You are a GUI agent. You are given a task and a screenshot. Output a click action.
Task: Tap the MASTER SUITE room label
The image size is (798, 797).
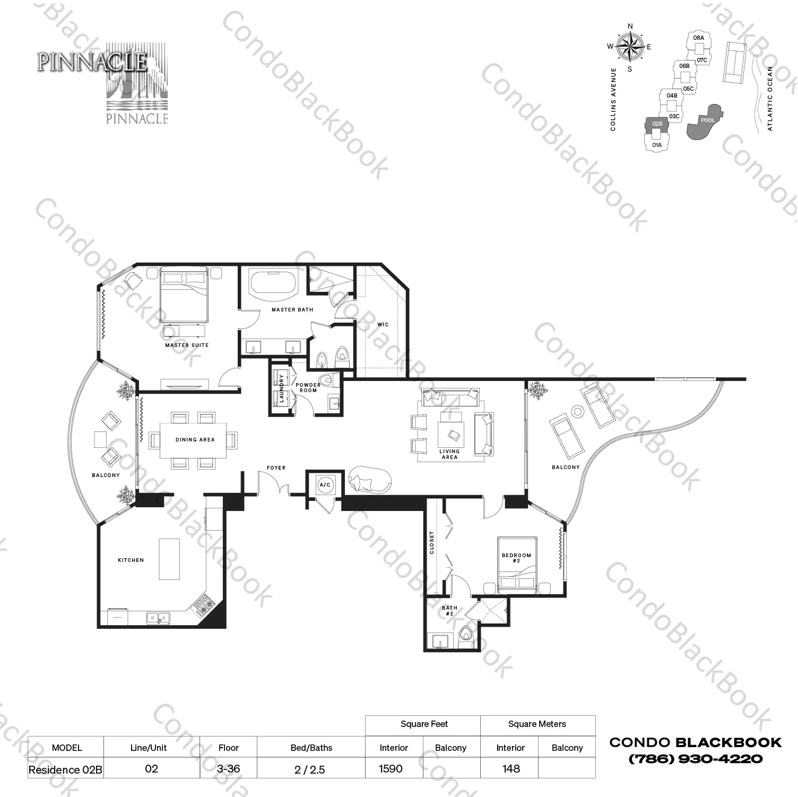click(187, 345)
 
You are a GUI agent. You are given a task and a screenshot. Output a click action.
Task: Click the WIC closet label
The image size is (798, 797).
click(383, 324)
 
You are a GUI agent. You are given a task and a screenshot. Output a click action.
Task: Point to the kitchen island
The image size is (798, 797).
click(169, 560)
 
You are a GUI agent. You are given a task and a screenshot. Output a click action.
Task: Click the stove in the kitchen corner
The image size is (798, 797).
click(203, 605)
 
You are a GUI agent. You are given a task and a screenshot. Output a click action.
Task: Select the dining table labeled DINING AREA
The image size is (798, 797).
click(195, 440)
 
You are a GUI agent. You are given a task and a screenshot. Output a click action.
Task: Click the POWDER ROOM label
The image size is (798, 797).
click(308, 388)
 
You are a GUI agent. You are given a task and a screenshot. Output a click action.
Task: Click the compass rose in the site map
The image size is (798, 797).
click(630, 47)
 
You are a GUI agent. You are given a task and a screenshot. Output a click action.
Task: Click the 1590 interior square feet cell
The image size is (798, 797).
click(391, 768)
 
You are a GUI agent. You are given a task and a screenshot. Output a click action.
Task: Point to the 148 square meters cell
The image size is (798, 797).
click(511, 768)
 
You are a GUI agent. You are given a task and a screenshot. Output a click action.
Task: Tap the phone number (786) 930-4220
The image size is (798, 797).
click(695, 759)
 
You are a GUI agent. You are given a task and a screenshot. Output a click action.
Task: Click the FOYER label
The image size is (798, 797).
click(276, 468)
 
